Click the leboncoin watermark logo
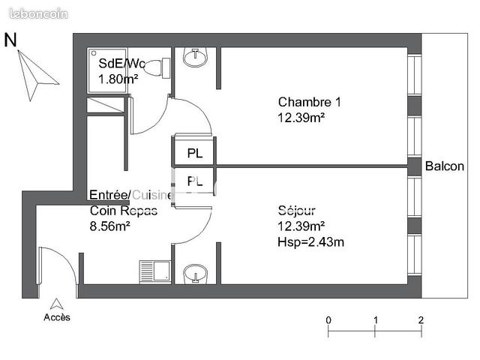point(38,13)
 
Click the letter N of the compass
point(10,40)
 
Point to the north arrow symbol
point(36,76)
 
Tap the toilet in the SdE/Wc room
point(157,67)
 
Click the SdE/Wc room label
point(121,63)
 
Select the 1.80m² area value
point(118,79)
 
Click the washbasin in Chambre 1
point(195,57)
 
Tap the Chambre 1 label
point(309,102)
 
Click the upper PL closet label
point(195,153)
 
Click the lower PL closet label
point(195,181)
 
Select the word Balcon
point(445,166)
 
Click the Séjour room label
point(297,211)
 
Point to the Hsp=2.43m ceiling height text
point(310,241)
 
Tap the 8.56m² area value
point(110,226)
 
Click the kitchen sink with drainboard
point(155,271)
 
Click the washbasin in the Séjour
point(195,273)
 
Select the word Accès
point(57,317)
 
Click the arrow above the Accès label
point(57,304)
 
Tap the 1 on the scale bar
point(375,320)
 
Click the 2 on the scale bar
point(421,320)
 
